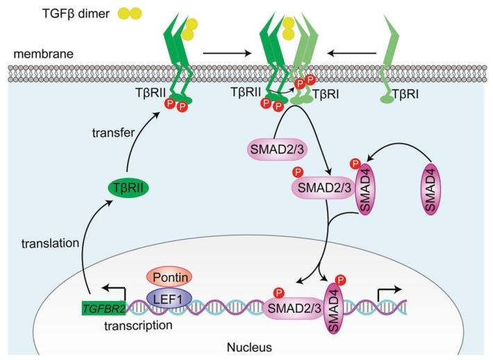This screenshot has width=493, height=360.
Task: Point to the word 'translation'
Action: tap(49, 245)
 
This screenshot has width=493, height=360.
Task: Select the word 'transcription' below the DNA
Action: tap(126, 323)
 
